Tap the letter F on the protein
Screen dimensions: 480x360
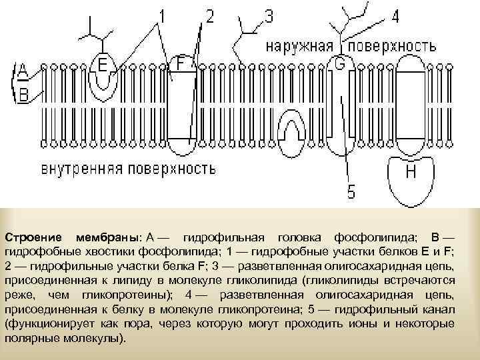click(x=180, y=63)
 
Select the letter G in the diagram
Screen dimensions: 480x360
click(x=339, y=65)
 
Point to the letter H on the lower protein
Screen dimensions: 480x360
click(x=411, y=172)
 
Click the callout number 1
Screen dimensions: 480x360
click(x=162, y=15)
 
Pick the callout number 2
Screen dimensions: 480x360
click(x=210, y=16)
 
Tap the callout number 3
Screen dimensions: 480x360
click(x=268, y=16)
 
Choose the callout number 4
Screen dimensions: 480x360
click(x=395, y=16)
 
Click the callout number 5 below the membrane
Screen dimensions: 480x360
click(x=351, y=192)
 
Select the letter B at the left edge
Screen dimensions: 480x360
click(x=22, y=95)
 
